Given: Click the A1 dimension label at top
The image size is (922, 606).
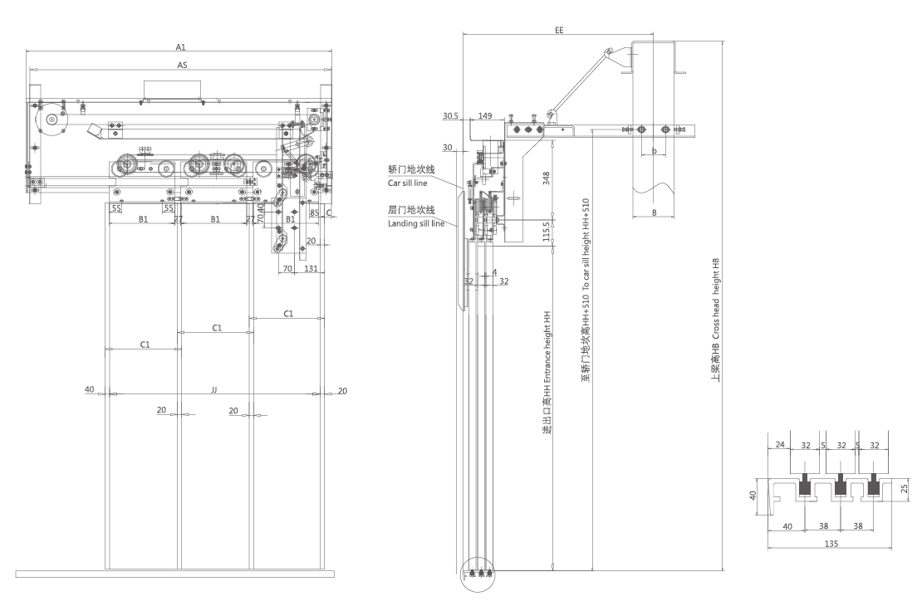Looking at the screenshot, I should (181, 47).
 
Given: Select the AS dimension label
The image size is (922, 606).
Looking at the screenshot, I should (181, 64).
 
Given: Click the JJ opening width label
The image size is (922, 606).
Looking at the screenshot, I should (213, 389).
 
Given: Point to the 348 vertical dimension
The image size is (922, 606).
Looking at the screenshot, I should (546, 179).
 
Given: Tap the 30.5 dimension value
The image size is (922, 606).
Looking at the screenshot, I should (451, 116).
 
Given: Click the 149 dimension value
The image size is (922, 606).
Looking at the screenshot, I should (484, 116).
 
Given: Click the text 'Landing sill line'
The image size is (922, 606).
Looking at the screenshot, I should (416, 223).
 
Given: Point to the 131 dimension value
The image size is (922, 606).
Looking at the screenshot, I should (311, 269).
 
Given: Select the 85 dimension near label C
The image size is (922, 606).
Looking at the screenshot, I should (314, 213).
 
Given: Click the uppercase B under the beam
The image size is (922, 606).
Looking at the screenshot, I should (654, 213).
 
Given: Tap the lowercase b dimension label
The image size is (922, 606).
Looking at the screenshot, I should (654, 151).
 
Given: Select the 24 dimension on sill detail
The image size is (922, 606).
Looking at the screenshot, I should (780, 445).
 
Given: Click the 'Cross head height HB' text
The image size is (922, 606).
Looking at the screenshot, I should (716, 323).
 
